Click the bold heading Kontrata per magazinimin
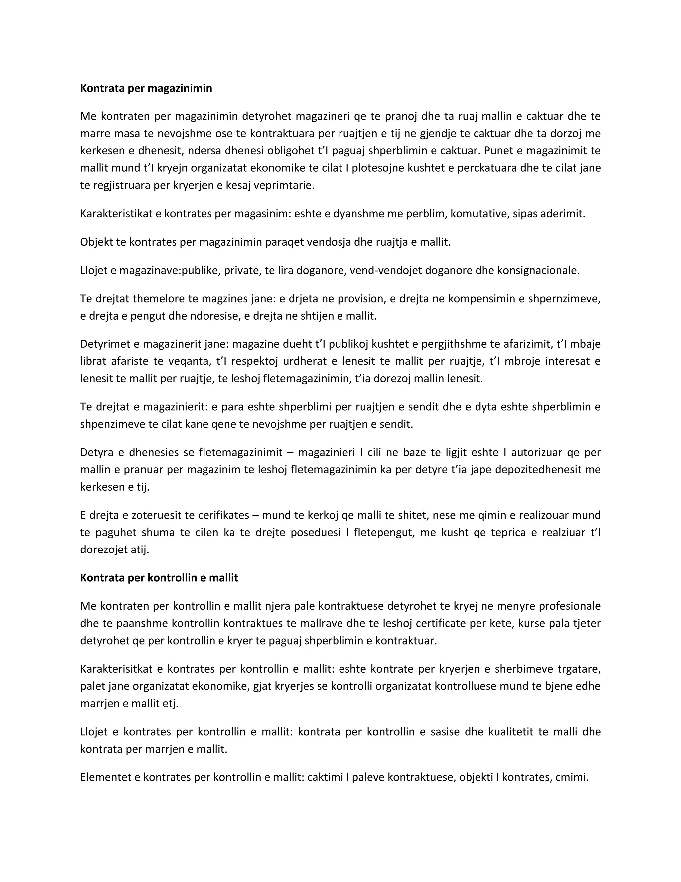(146, 88)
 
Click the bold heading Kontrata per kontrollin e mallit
(159, 578)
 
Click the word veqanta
(189, 361)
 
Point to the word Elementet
(106, 777)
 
